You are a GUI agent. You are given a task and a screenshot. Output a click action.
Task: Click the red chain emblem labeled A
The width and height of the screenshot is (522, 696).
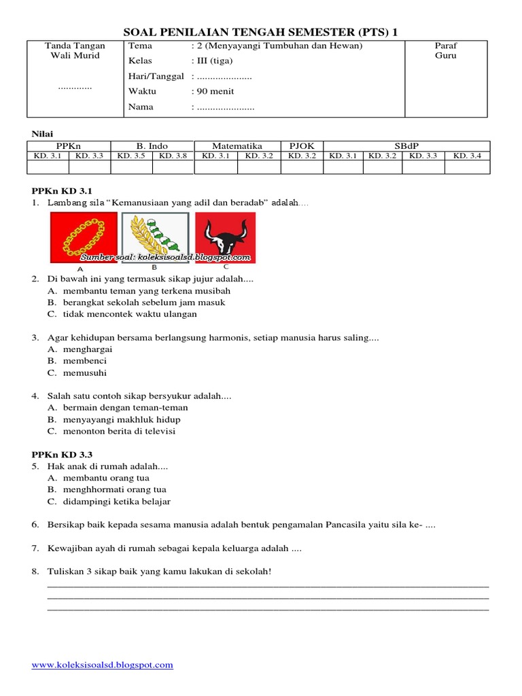pyautogui.click(x=83, y=237)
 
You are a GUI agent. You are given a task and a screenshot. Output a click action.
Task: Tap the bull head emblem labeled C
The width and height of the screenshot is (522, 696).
pyautogui.click(x=225, y=237)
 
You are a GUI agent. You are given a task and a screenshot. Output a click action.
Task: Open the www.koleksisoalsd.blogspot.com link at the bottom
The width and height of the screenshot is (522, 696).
pyautogui.click(x=103, y=665)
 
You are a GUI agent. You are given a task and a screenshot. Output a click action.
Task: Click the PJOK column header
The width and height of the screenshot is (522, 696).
pyautogui.click(x=302, y=145)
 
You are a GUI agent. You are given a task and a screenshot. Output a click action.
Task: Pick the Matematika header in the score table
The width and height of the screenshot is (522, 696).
pyautogui.click(x=237, y=145)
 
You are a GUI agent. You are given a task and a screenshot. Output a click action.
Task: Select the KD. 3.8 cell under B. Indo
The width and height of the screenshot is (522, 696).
pyautogui.click(x=173, y=156)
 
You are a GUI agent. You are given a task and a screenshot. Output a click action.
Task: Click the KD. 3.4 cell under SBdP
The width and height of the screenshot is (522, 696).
pyautogui.click(x=467, y=156)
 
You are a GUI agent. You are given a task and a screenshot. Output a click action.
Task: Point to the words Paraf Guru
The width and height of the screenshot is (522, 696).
pyautogui.click(x=446, y=51)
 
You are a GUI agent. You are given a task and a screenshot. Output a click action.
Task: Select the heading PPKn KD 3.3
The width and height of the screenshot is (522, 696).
pyautogui.click(x=63, y=454)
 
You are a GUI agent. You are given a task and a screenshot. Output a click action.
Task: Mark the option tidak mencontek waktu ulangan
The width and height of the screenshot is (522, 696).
pyautogui.click(x=130, y=314)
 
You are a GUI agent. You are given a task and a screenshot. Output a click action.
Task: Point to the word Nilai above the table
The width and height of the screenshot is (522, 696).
pyautogui.click(x=43, y=133)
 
